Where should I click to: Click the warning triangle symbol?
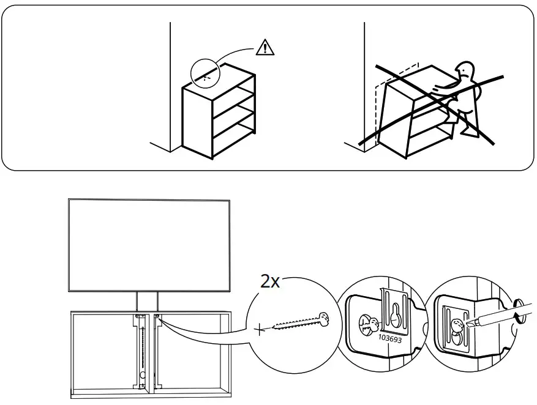tap(264, 46)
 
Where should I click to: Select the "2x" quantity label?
tap(271, 282)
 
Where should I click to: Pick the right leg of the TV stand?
tap(158, 302)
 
